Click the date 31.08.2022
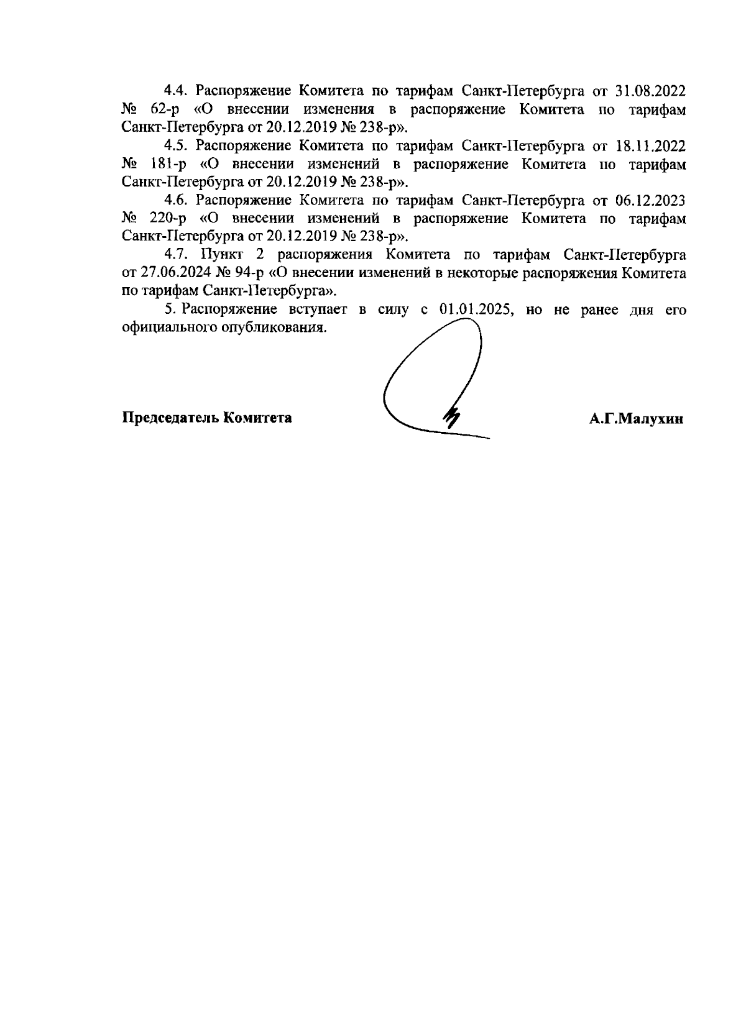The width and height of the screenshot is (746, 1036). (650, 91)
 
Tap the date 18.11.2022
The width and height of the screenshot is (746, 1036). (650, 146)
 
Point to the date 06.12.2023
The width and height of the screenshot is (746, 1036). (650, 200)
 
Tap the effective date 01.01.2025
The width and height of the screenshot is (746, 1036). (475, 310)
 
